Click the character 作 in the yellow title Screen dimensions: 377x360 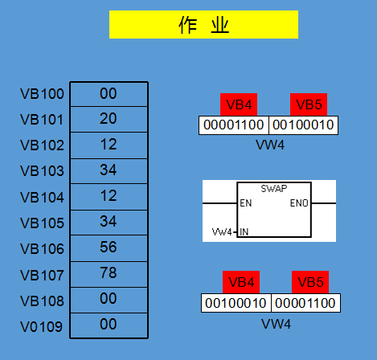point(188,25)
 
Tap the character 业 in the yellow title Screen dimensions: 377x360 point(220,26)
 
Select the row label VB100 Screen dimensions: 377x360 point(42,94)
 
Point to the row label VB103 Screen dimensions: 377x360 point(42,171)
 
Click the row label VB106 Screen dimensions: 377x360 point(42,249)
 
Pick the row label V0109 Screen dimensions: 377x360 point(41,327)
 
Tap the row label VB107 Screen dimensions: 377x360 point(42,276)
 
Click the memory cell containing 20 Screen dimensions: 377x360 point(109,120)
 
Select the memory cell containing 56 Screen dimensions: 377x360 point(109,248)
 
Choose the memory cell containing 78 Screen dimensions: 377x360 point(109,274)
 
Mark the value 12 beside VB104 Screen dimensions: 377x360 point(109,196)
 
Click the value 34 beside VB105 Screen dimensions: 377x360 point(109,222)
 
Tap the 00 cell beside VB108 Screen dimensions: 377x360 point(109,300)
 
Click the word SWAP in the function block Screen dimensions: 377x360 point(274,189)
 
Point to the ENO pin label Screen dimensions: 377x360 point(299,203)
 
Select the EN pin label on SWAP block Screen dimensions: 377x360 point(246,203)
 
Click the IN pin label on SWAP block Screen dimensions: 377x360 point(244,232)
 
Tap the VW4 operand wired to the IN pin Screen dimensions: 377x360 point(222,232)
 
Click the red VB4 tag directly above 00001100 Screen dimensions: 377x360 point(239,104)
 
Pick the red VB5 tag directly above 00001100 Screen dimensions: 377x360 point(310,282)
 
